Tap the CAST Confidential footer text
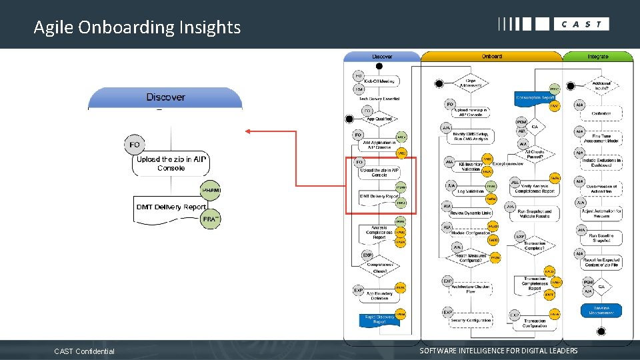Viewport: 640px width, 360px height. coord(84,351)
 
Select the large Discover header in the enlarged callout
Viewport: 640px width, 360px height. coord(165,97)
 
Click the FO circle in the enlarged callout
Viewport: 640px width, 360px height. coord(135,145)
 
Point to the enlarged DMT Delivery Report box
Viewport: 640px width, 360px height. coord(171,207)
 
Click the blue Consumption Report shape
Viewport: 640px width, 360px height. coord(535,98)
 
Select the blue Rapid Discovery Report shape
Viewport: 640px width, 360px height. coord(379,319)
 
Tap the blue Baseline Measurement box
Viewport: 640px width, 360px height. coord(601,310)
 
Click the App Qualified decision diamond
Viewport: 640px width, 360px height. coord(379,119)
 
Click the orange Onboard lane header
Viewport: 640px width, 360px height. coord(491,57)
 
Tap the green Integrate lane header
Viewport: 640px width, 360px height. coord(598,57)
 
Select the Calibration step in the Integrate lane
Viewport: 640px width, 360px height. coord(601,113)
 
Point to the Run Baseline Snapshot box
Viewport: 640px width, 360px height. coord(601,238)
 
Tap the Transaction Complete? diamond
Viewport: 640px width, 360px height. coord(535,245)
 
